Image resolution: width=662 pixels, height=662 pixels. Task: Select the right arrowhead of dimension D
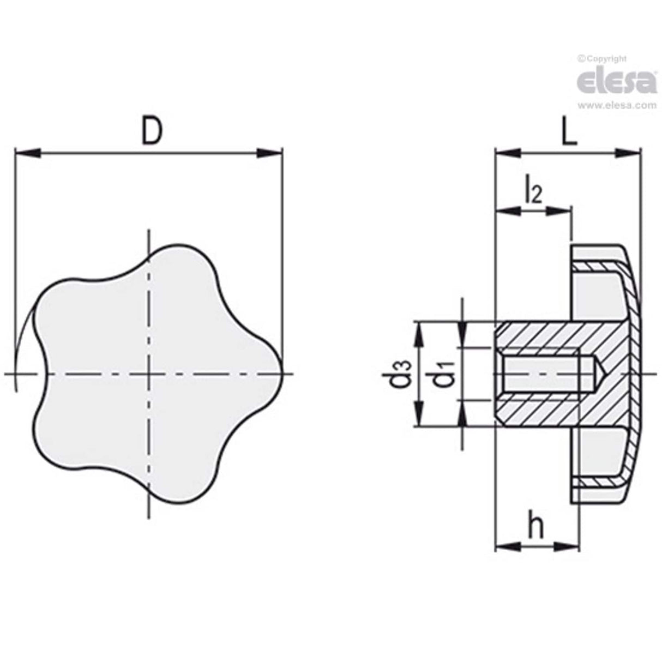[269, 153]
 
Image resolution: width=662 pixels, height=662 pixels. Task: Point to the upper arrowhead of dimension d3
[419, 333]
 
